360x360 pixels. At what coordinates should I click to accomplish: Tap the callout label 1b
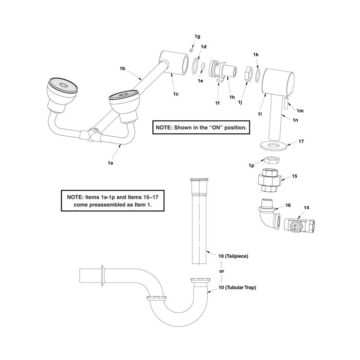pyautogui.click(x=123, y=68)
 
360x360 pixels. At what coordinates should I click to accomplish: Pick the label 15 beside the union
pyautogui.click(x=295, y=176)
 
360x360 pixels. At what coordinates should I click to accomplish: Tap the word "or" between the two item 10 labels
pyautogui.click(x=222, y=271)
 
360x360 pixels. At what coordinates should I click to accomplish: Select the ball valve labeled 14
pyautogui.click(x=298, y=225)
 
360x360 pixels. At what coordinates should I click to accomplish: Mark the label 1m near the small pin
pyautogui.click(x=301, y=110)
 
